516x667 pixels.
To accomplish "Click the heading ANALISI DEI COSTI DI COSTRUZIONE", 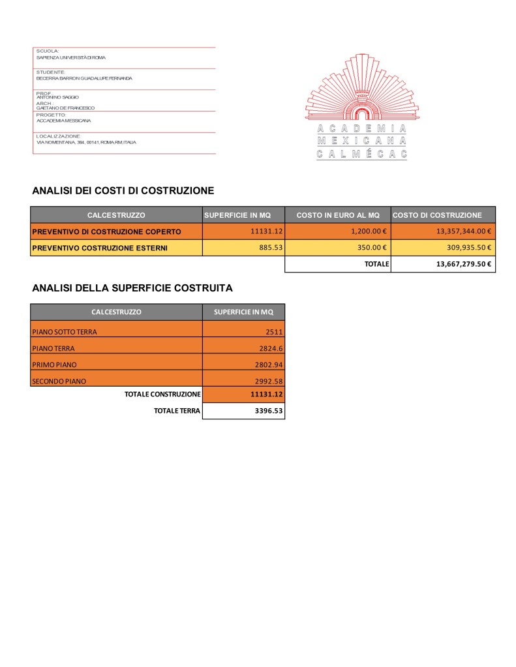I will tap(123, 191).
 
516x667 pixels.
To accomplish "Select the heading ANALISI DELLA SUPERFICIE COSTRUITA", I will tap(132, 287).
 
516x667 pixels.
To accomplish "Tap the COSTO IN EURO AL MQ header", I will tap(337, 215).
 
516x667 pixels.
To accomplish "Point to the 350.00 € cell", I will tap(372, 248).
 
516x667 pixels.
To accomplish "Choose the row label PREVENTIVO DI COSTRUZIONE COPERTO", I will tap(106, 231).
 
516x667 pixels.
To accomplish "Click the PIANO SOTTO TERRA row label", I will tap(65, 332).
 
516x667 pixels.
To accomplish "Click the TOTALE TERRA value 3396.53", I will tap(267, 411).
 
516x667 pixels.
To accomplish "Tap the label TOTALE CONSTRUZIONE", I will tap(162, 394).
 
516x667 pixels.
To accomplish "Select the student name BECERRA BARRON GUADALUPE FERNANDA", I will tap(84, 78).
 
